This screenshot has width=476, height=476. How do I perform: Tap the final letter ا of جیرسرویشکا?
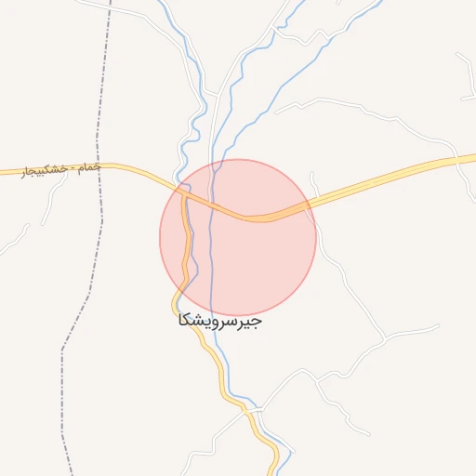tap(178, 321)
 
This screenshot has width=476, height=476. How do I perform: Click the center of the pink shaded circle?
tap(238, 237)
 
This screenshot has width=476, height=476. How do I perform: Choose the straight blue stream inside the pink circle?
tap(213, 251)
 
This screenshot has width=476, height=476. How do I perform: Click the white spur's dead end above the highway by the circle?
tap(311, 173)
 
